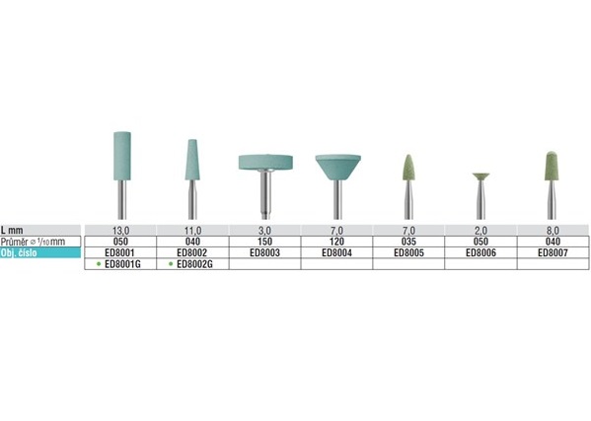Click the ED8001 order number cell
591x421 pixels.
[120, 252]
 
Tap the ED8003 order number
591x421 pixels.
[265, 252]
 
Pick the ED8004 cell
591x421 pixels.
[337, 252]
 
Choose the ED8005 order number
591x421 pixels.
[408, 252]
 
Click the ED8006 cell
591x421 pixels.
[480, 252]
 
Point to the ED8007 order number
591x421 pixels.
[553, 252]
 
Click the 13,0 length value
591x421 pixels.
[120, 230]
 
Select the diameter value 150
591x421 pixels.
[265, 242]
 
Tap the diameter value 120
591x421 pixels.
[337, 242]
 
